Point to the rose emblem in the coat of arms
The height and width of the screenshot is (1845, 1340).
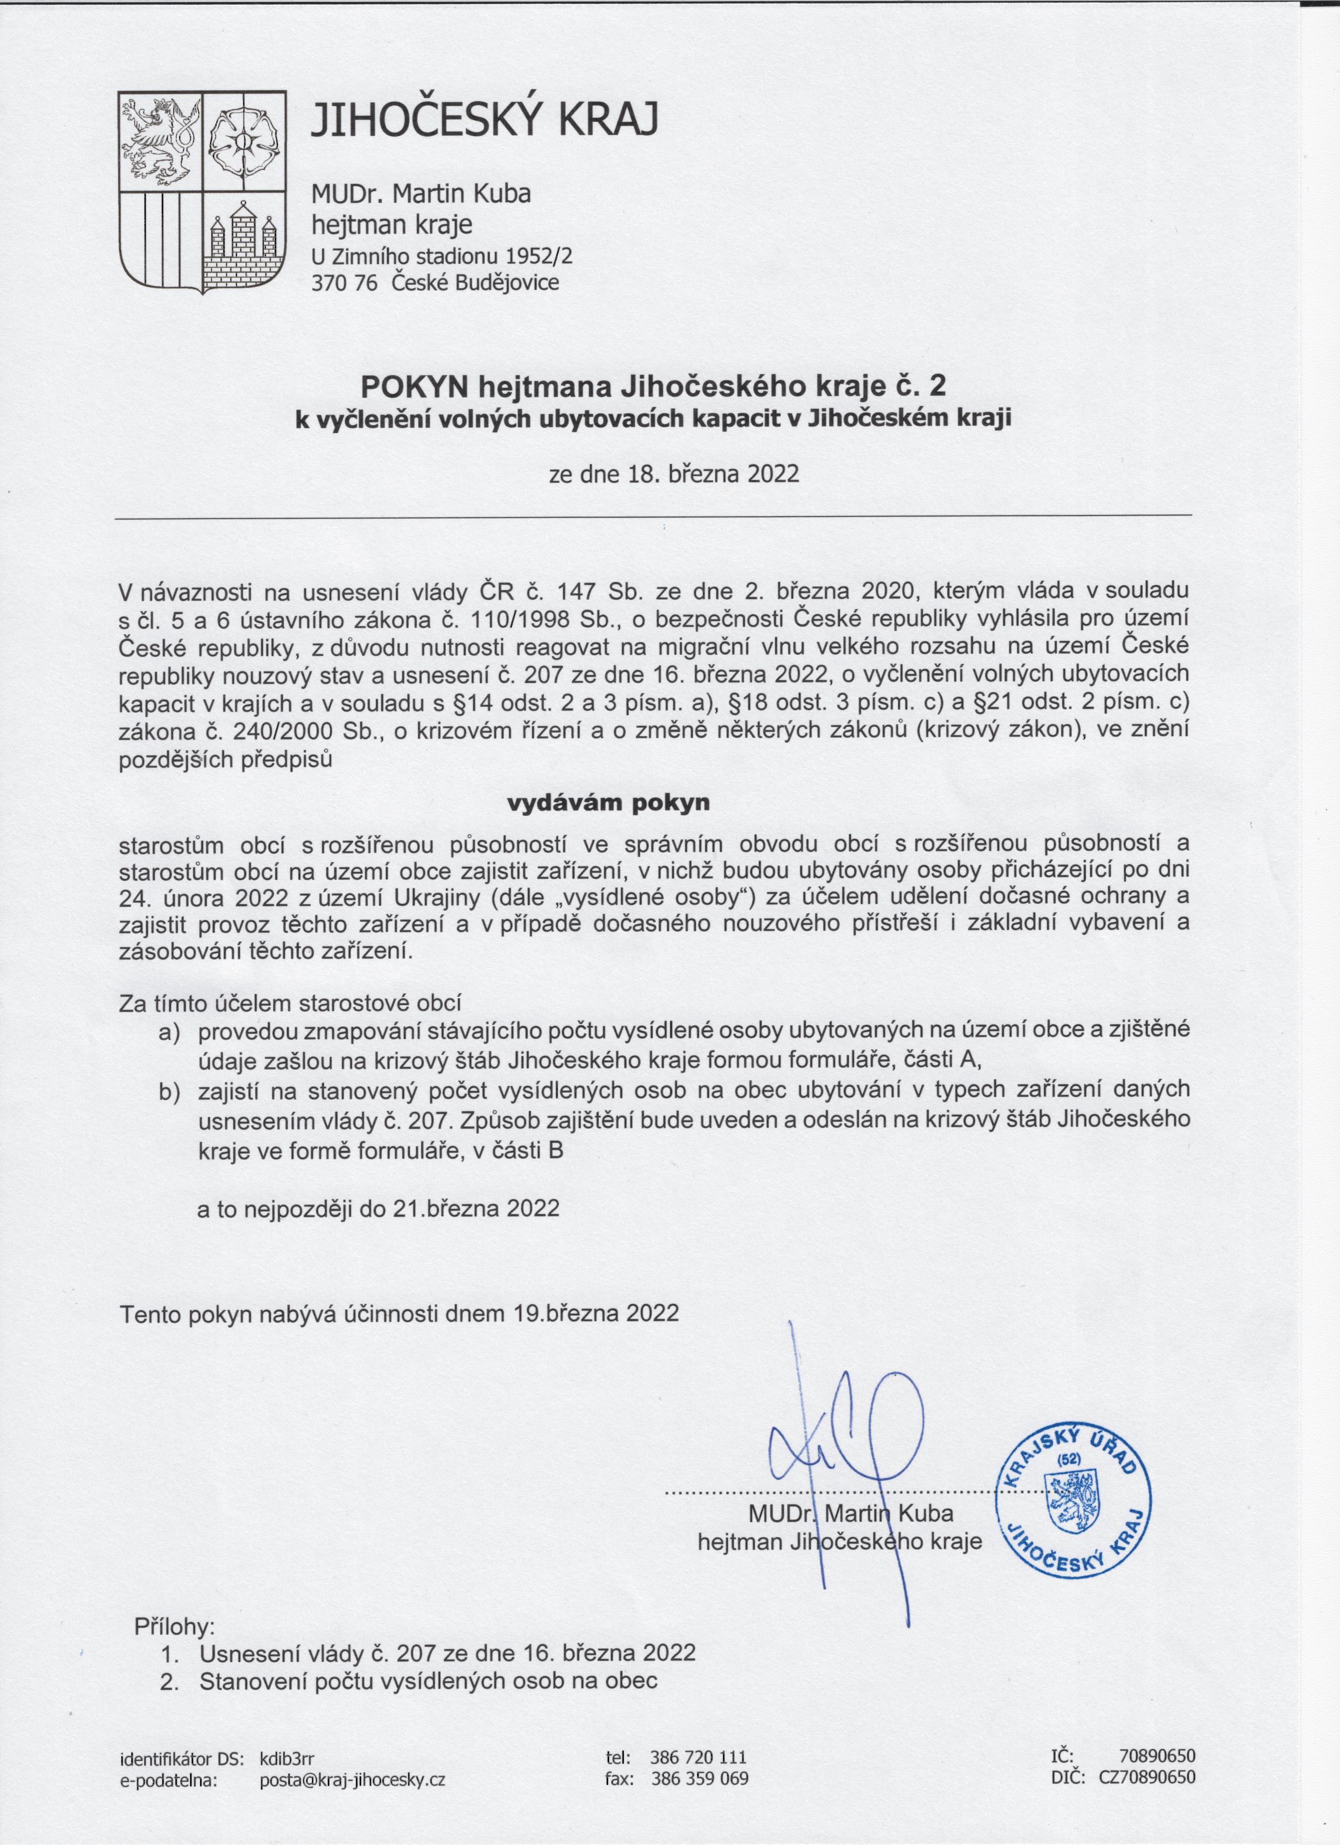(x=242, y=138)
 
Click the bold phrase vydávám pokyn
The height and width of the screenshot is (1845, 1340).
(x=609, y=803)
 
